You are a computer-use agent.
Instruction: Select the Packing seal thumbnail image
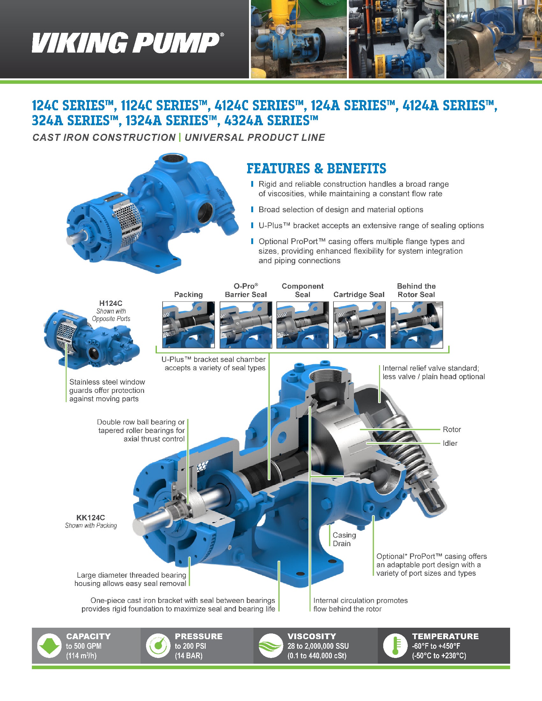(x=188, y=324)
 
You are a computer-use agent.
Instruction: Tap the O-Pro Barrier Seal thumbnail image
(x=245, y=324)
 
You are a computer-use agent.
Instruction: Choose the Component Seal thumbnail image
(x=303, y=324)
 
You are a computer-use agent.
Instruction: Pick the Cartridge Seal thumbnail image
(x=359, y=324)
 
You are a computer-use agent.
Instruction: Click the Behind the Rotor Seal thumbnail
(x=416, y=324)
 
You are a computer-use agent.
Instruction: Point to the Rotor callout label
(x=451, y=430)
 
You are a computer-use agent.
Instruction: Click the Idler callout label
(x=450, y=443)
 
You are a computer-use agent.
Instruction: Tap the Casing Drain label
(x=344, y=539)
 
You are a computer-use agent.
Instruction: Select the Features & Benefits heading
(x=316, y=169)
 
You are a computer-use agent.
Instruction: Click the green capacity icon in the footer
(x=49, y=645)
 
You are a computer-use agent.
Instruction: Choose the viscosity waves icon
(x=271, y=645)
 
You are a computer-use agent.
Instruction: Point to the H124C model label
(x=111, y=303)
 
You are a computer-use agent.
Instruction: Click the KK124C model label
(x=91, y=517)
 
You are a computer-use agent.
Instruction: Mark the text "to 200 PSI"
(x=190, y=646)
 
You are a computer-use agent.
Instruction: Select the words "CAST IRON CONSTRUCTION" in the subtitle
(x=104, y=138)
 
